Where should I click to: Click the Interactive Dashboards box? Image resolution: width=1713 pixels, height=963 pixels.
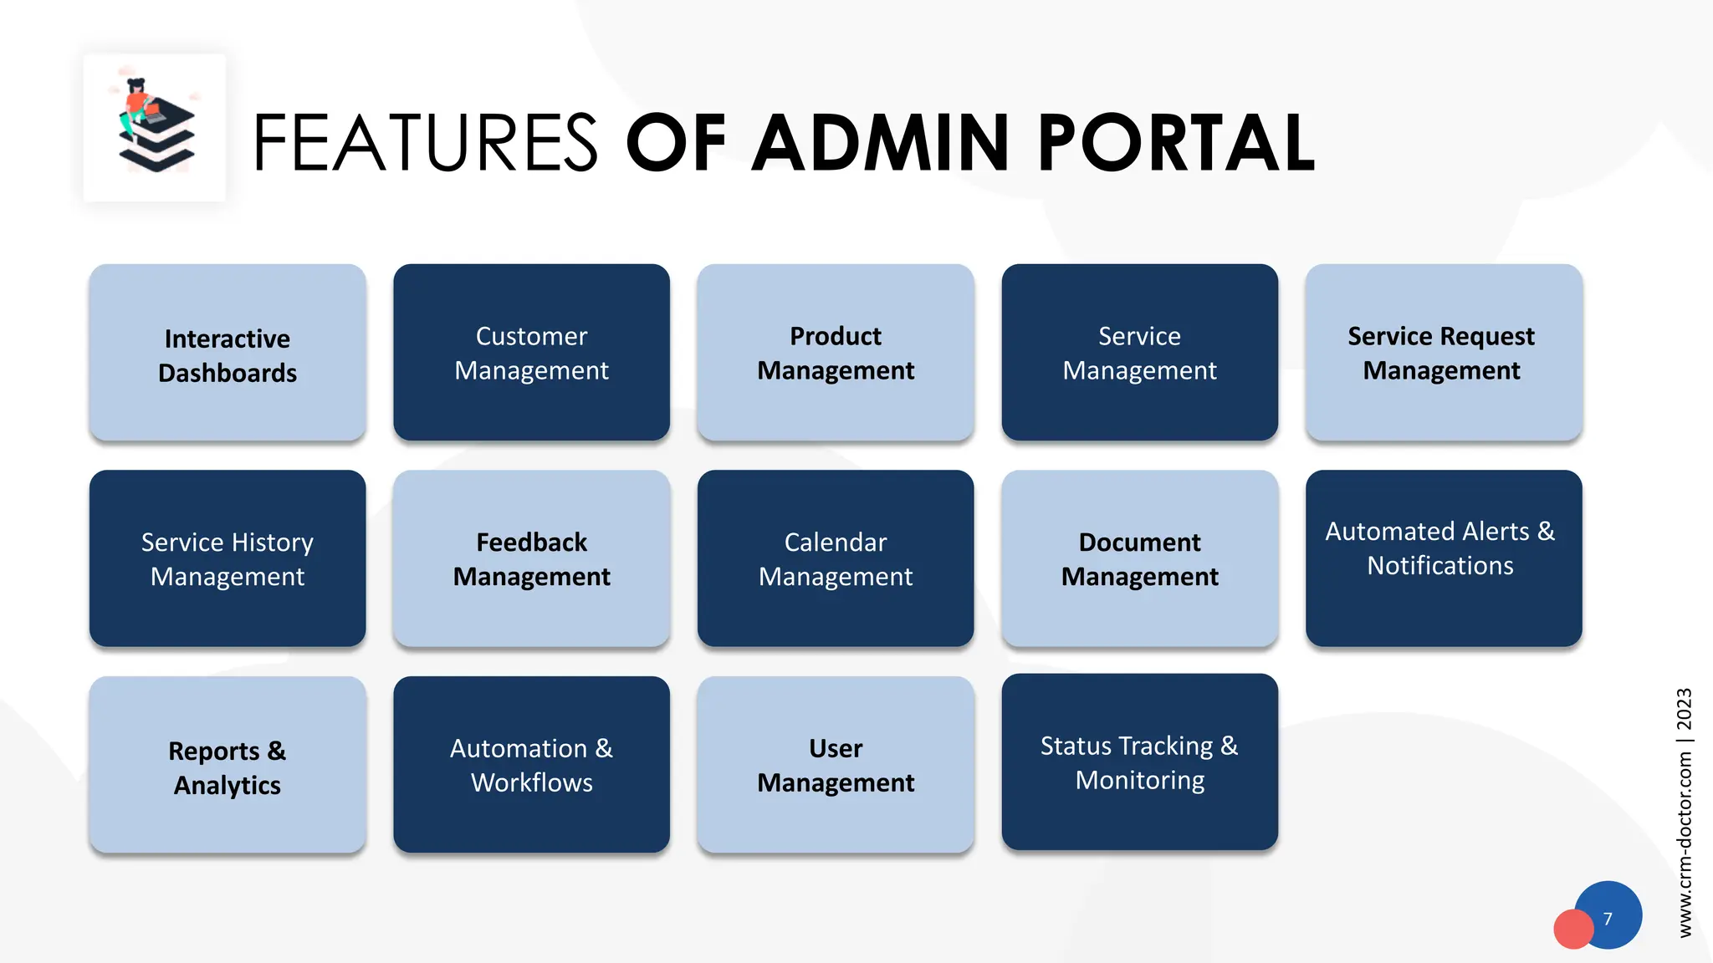[x=227, y=353]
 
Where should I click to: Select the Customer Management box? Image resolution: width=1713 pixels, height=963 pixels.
[x=531, y=353]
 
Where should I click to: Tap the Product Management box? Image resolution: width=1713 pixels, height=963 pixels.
[x=835, y=353]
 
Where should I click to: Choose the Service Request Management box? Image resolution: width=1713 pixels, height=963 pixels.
[x=1443, y=353]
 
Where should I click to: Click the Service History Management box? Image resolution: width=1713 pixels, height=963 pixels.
[x=227, y=558]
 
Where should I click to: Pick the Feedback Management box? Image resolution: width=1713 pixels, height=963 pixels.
[x=531, y=558]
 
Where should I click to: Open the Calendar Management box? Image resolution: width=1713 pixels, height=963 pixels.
[x=835, y=558]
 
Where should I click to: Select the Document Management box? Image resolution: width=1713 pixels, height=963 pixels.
[x=1139, y=558]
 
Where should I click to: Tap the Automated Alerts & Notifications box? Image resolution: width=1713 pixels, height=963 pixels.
[x=1443, y=558]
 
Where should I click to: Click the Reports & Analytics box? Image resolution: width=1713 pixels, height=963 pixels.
[x=227, y=765]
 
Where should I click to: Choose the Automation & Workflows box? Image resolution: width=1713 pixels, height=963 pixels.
[x=531, y=765]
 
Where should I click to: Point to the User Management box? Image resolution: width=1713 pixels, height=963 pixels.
[x=835, y=765]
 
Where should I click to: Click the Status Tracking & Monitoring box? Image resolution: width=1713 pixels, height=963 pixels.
[x=1139, y=762]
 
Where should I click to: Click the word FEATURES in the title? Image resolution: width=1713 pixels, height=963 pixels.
[x=425, y=144]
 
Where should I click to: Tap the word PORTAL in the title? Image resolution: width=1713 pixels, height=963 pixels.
[x=1176, y=144]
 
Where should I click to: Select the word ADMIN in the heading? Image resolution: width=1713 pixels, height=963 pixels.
[x=881, y=144]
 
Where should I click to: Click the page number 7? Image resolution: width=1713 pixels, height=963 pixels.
[x=1608, y=919]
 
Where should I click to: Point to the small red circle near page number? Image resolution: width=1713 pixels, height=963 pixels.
[x=1572, y=930]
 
